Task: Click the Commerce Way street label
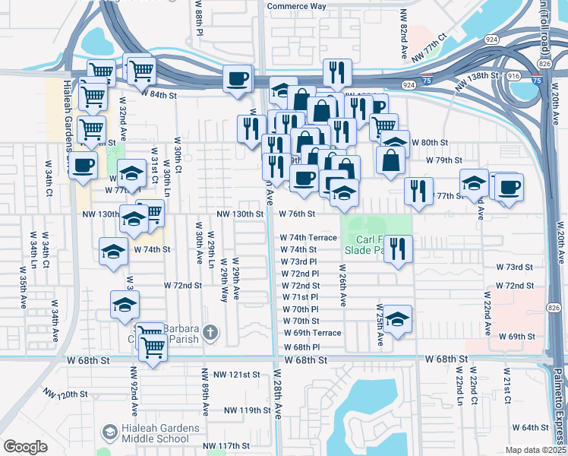pyautogui.click(x=296, y=6)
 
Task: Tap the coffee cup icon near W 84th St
pyautogui.click(x=237, y=78)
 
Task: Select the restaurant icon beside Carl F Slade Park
pyautogui.click(x=398, y=248)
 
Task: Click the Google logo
pyautogui.click(x=25, y=446)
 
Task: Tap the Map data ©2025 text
pyautogui.click(x=535, y=450)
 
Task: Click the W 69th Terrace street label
pyautogui.click(x=313, y=333)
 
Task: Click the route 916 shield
pyautogui.click(x=513, y=76)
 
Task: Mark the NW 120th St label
pyautogui.click(x=66, y=394)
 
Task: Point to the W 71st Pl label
pyautogui.click(x=299, y=297)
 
